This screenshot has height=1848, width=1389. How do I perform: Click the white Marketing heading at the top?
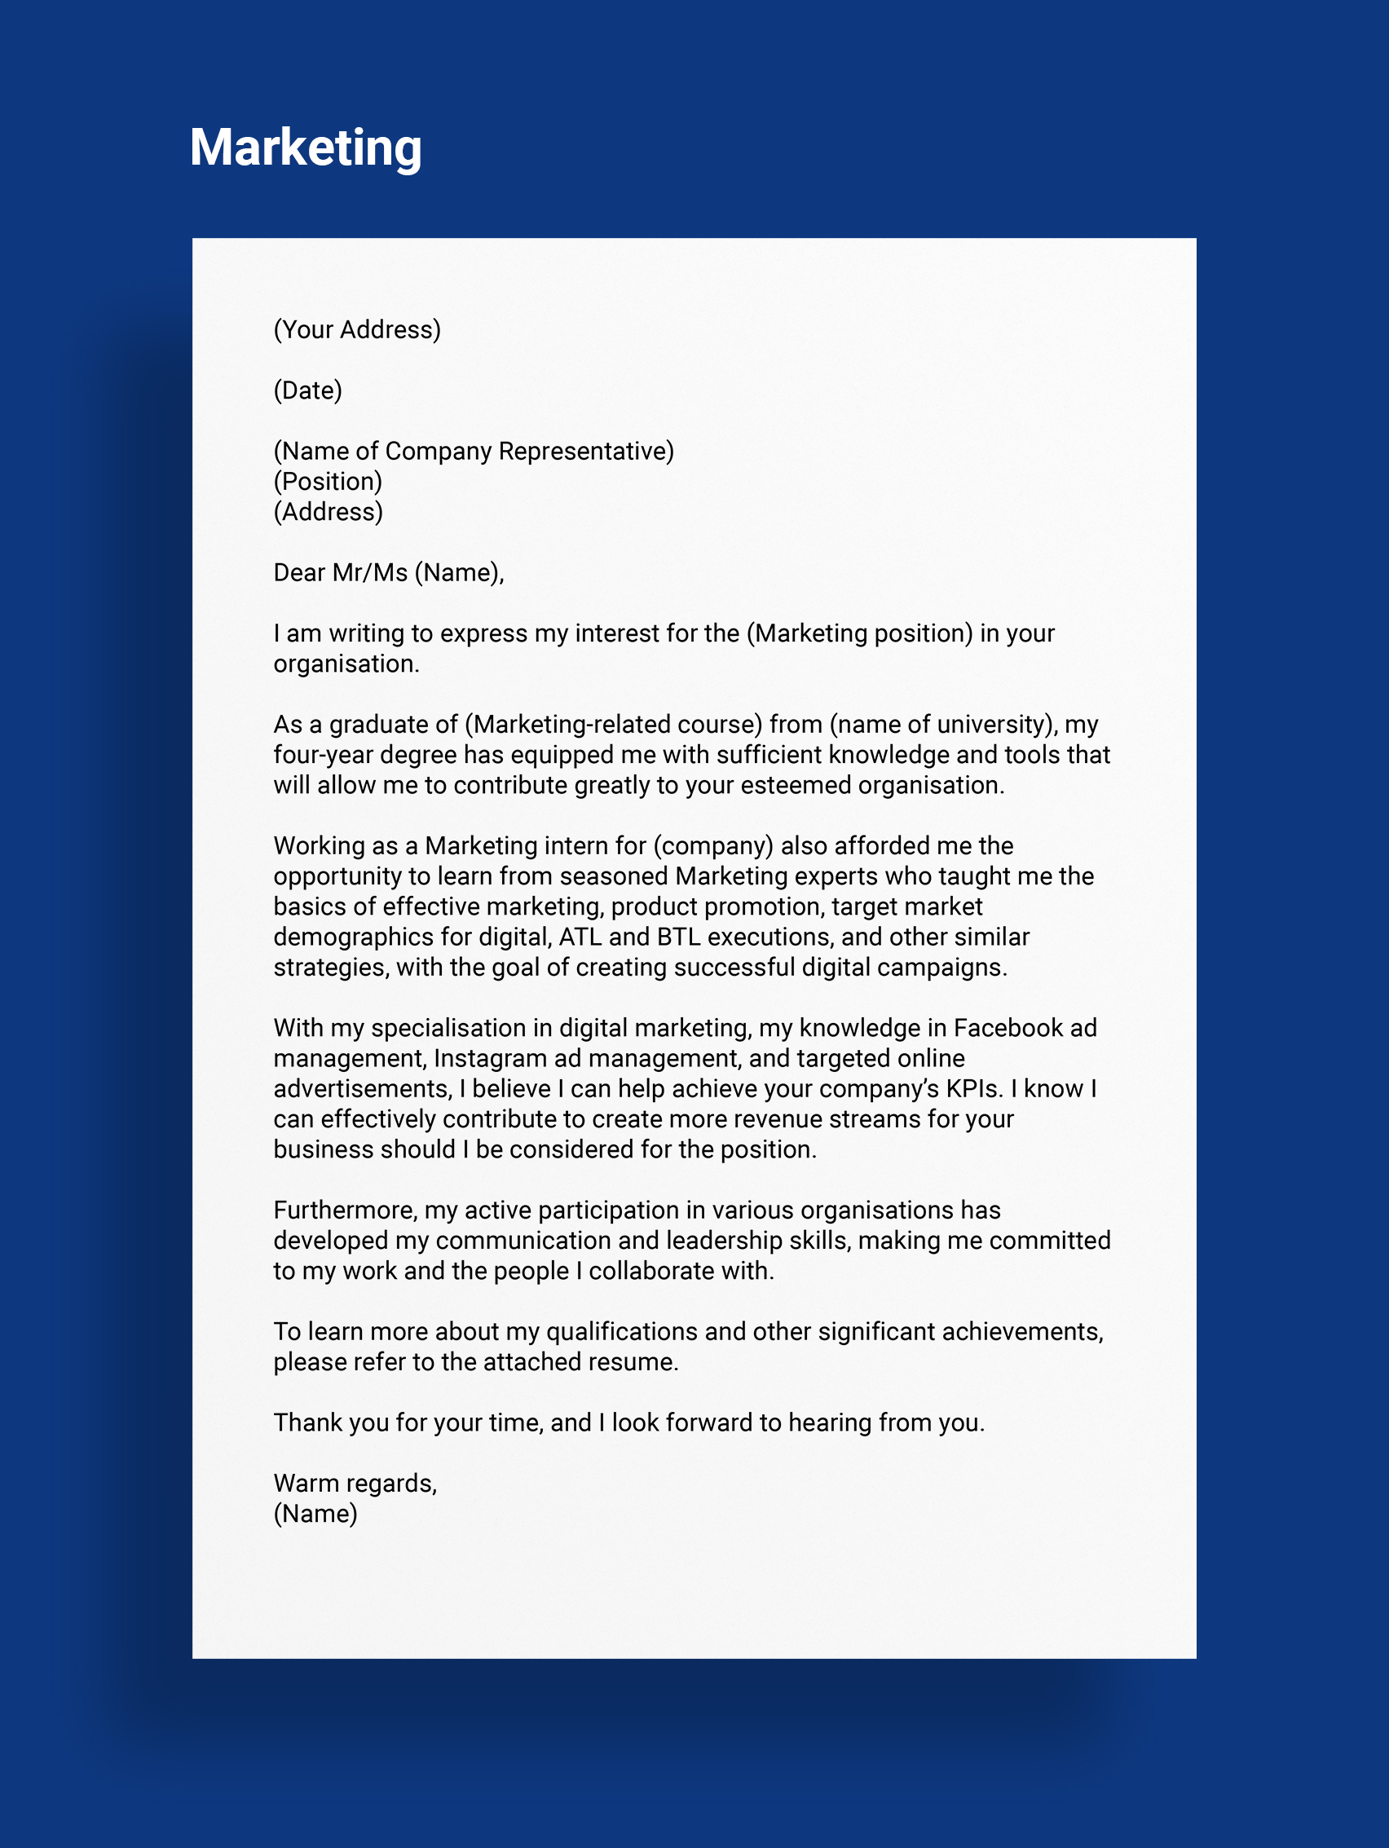(306, 148)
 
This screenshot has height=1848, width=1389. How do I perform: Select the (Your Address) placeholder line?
(357, 329)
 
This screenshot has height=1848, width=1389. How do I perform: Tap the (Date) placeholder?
(307, 390)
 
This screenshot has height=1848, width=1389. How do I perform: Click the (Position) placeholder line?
(328, 481)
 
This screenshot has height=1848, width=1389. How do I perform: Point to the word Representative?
(585, 451)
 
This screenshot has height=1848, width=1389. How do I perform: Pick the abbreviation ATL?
(580, 937)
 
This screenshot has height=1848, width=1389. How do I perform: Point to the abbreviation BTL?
(678, 937)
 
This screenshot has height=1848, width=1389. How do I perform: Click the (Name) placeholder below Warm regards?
(315, 1513)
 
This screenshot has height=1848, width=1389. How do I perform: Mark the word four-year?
(324, 754)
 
